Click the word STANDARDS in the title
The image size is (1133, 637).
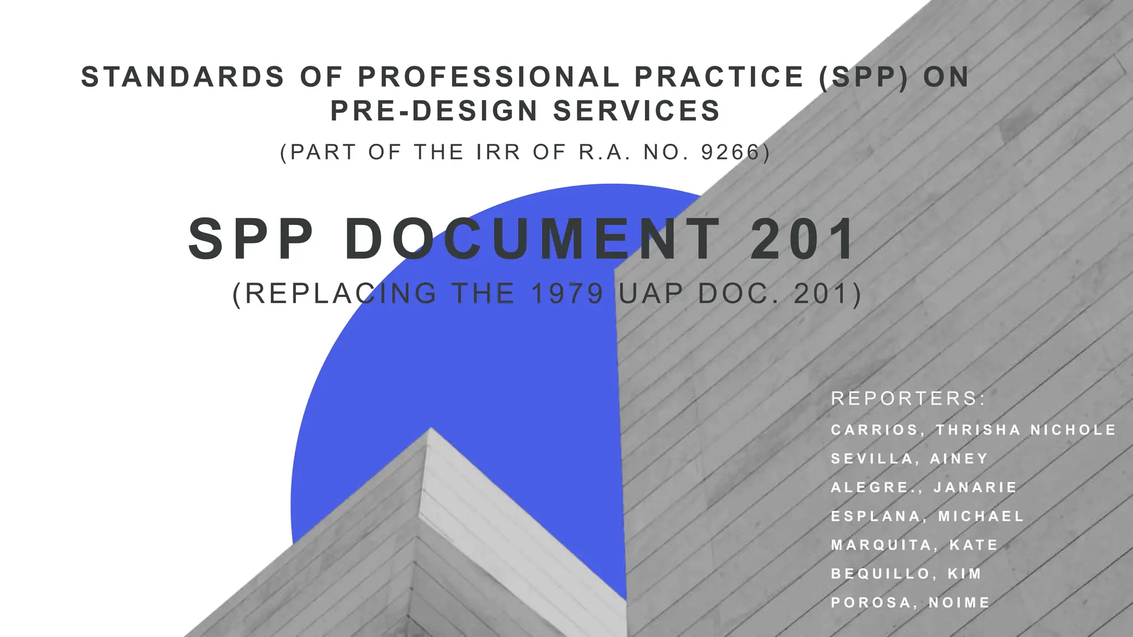[x=183, y=77]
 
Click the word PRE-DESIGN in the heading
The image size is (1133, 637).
[x=434, y=111]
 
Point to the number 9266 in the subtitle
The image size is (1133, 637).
[x=731, y=152]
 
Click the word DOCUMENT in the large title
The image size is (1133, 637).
[x=533, y=239]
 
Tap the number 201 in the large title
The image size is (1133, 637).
[x=803, y=239]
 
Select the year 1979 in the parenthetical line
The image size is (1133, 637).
[x=567, y=294]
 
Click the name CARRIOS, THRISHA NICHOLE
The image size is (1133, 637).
[x=973, y=430]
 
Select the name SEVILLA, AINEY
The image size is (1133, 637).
[x=909, y=458]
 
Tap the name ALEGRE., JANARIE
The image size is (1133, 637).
[x=924, y=487]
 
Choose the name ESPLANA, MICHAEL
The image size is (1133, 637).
[x=927, y=516]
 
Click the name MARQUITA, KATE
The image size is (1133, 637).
[x=914, y=545]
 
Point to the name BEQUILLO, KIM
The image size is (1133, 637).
[x=906, y=573]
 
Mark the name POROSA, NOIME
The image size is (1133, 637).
[x=910, y=602]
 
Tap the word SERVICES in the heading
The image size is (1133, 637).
[x=636, y=111]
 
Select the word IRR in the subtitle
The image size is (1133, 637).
[x=498, y=152]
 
